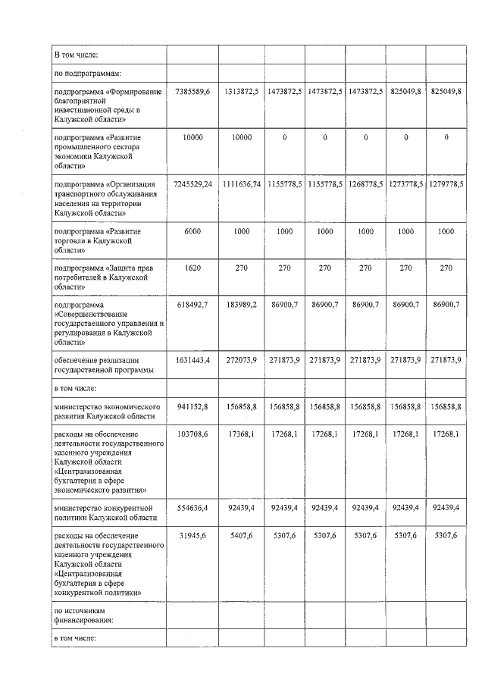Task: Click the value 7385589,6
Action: tap(192, 92)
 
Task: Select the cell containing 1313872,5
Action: tap(242, 92)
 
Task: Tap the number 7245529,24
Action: tap(192, 184)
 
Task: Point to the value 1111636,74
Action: tap(242, 184)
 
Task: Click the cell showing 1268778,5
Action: tap(365, 184)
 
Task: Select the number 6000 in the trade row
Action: tap(192, 230)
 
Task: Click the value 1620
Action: tap(192, 267)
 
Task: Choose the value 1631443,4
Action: tap(192, 360)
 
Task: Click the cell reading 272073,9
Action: tap(242, 360)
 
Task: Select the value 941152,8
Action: tap(192, 406)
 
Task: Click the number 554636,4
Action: tap(192, 507)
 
